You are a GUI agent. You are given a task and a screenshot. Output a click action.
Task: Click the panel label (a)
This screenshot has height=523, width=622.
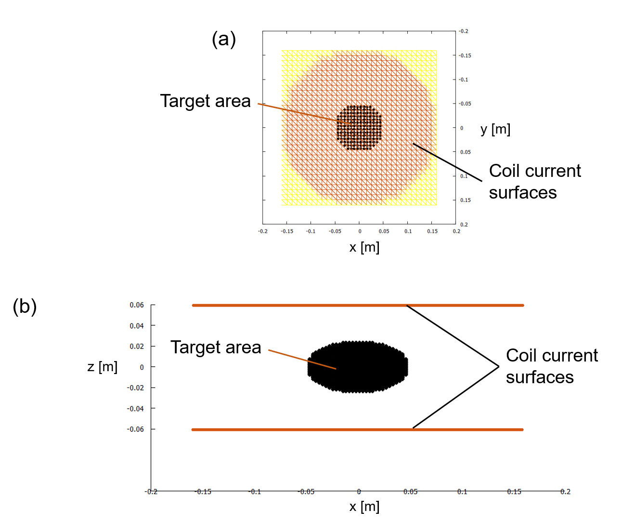(223, 39)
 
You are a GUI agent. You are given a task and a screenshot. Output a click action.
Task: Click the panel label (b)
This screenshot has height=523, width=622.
(25, 307)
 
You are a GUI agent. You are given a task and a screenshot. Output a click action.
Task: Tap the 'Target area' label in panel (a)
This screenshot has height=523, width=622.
(205, 101)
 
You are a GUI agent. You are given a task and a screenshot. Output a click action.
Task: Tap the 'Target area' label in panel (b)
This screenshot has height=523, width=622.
(216, 348)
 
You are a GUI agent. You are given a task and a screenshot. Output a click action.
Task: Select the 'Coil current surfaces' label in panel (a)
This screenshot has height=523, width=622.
(534, 182)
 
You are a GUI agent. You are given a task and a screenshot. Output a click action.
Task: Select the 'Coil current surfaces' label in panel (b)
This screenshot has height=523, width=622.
(551, 366)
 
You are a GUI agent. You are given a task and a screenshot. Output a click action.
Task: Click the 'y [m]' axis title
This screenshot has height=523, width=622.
(495, 129)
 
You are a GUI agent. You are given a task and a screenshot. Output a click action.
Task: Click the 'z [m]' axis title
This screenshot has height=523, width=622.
(102, 367)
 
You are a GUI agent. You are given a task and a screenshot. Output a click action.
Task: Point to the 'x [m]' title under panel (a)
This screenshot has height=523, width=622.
(364, 247)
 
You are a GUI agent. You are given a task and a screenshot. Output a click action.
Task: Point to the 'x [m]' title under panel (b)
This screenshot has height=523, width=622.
(364, 507)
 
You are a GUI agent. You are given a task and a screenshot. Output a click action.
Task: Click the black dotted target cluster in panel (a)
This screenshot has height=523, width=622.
(359, 128)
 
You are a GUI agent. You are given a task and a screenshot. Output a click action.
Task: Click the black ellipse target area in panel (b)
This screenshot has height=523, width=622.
(358, 367)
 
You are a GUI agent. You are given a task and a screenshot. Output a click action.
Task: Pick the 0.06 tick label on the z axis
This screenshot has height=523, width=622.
(137, 305)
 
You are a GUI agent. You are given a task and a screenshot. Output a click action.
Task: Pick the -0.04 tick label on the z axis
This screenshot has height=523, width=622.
(135, 409)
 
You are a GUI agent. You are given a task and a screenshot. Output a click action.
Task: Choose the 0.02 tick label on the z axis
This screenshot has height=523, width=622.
(137, 347)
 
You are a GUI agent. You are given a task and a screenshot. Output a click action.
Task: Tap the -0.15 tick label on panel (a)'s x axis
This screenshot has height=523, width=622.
(287, 231)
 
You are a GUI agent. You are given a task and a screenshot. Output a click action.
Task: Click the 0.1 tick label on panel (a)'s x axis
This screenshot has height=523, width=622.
(408, 231)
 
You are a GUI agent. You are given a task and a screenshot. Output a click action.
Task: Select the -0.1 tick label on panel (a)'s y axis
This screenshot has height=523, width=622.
(463, 80)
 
